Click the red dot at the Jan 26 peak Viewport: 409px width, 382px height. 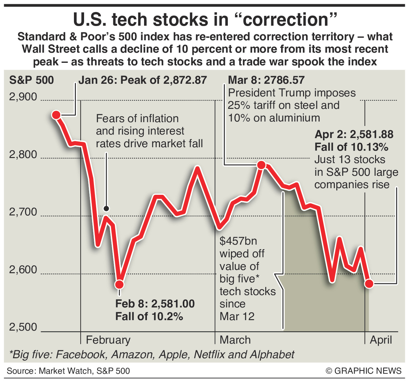point(56,115)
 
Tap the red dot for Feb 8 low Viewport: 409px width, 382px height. point(120,284)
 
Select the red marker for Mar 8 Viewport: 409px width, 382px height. point(261,165)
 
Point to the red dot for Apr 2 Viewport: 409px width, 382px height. point(369,284)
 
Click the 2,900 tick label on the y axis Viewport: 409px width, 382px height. point(23,97)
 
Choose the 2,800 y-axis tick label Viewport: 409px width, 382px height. point(23,155)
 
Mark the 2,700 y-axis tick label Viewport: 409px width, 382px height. point(23,212)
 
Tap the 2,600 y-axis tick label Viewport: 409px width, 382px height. point(23,270)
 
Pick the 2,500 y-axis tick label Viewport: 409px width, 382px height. point(23,327)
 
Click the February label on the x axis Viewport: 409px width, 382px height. point(108,340)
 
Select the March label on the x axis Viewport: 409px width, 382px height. point(235,340)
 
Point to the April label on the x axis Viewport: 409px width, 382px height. point(381,340)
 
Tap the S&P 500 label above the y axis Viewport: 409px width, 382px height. point(31,80)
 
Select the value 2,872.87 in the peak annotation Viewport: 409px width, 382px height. point(185,80)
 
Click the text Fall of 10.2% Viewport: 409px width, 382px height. point(149,316)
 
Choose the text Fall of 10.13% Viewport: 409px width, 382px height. point(352,147)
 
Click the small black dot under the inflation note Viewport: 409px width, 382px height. point(106,209)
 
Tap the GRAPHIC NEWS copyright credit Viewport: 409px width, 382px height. point(364,371)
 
